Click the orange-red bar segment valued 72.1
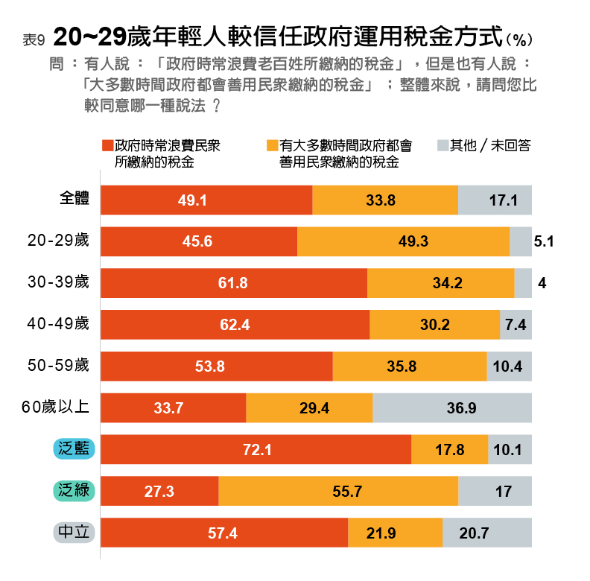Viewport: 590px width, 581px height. point(256,449)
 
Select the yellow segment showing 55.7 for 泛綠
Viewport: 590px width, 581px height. point(338,492)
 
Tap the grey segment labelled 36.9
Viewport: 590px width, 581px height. point(452,407)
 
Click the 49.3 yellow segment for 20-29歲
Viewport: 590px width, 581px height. point(403,241)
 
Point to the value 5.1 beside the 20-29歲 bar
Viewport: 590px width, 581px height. point(544,241)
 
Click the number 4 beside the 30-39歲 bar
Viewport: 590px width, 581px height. point(542,284)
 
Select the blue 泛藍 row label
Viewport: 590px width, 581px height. point(73,448)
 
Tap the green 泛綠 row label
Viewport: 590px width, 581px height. point(73,491)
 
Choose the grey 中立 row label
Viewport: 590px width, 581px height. point(73,533)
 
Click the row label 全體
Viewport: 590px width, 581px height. point(74,199)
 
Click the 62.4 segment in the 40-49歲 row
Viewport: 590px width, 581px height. point(235,325)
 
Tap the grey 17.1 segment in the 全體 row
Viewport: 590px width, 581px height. point(495,200)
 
